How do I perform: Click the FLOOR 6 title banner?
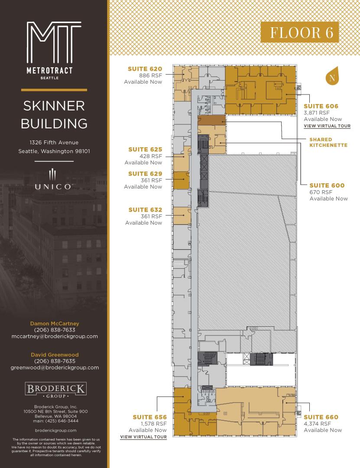click(300, 32)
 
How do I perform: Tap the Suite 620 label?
click(145, 69)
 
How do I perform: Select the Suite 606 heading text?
click(321, 106)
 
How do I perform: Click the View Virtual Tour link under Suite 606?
click(327, 126)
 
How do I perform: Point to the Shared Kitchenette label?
click(328, 143)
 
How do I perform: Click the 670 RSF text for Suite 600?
click(321, 192)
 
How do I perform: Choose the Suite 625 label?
click(145, 149)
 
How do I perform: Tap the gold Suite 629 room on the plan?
click(182, 180)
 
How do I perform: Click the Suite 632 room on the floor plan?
click(182, 215)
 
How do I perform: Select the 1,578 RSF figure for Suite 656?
click(154, 424)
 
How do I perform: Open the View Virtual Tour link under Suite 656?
click(143, 437)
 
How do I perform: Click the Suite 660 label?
click(321, 417)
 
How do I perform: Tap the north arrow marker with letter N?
click(332, 76)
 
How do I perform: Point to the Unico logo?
click(53, 180)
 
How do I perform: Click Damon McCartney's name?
click(55, 324)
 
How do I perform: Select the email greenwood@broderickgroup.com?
click(55, 368)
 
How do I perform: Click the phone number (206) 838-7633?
click(55, 330)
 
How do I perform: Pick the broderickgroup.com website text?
click(55, 430)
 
